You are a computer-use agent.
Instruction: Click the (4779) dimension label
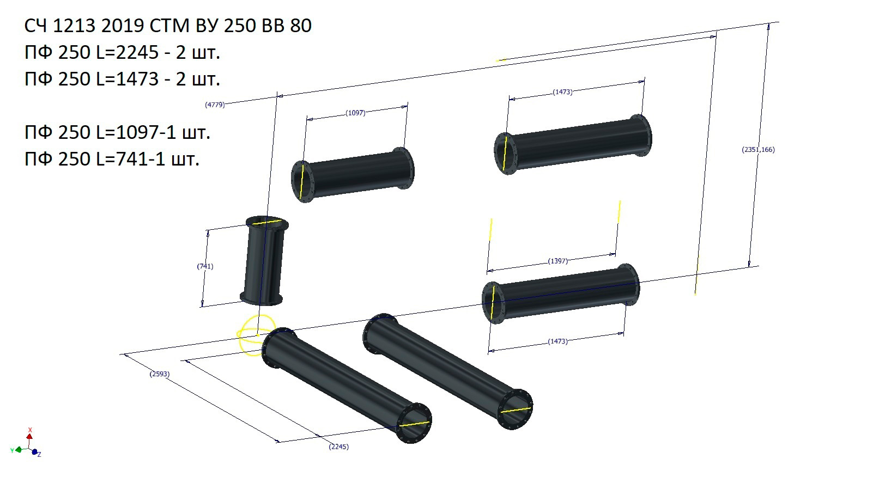pyautogui.click(x=215, y=105)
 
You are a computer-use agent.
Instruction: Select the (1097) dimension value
pyautogui.click(x=355, y=113)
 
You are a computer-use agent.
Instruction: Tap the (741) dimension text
pyautogui.click(x=205, y=266)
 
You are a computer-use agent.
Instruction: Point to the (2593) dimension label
pyautogui.click(x=160, y=374)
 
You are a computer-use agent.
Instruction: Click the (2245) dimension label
pyautogui.click(x=338, y=447)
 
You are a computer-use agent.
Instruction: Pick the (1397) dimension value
pyautogui.click(x=557, y=261)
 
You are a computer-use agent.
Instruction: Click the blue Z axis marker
pyautogui.click(x=35, y=452)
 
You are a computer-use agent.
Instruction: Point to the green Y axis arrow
pyautogui.click(x=18, y=450)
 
